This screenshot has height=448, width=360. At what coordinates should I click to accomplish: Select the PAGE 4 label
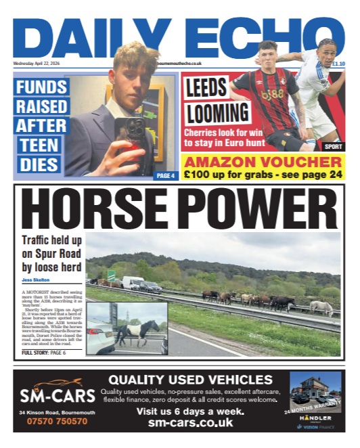tap(164, 176)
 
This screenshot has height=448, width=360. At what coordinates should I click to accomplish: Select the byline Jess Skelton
tap(37, 277)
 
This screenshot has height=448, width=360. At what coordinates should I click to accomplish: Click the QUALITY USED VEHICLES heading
tap(191, 380)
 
